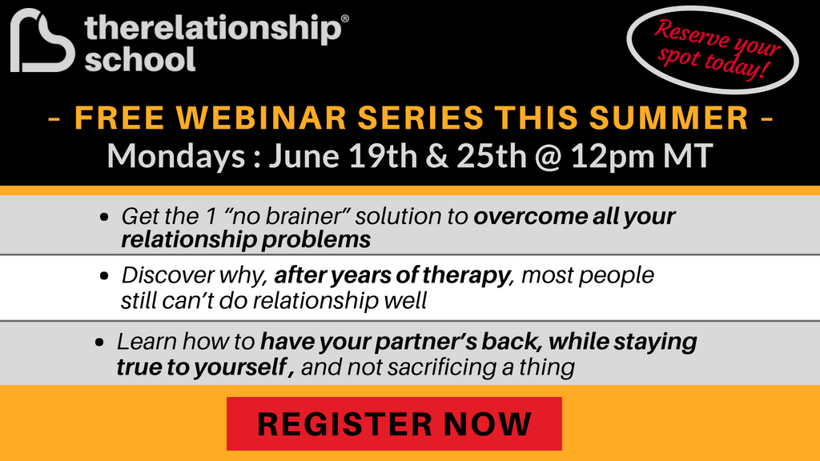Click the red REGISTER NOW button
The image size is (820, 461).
tap(394, 423)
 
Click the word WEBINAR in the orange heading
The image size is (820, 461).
tap(261, 118)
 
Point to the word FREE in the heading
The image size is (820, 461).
tap(119, 118)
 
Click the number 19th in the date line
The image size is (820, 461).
tap(382, 156)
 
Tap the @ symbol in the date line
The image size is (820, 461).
tap(548, 156)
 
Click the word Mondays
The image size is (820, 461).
tap(176, 157)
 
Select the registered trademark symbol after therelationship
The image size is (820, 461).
tap(344, 19)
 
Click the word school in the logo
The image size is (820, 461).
tap(140, 59)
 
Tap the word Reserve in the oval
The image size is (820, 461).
tap(691, 34)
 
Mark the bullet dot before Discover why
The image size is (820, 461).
tap(105, 275)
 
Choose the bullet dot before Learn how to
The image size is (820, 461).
tap(100, 343)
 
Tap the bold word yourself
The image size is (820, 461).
tap(240, 367)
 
